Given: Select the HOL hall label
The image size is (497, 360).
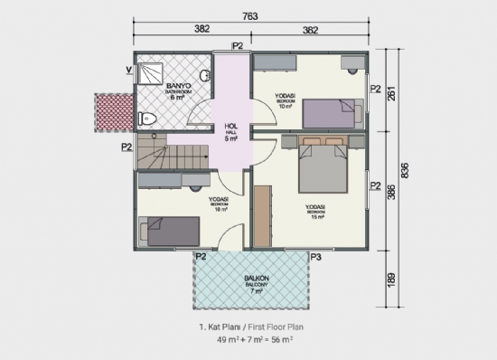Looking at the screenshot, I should pos(230,128).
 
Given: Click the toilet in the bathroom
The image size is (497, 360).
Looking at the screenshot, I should pos(150,118).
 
